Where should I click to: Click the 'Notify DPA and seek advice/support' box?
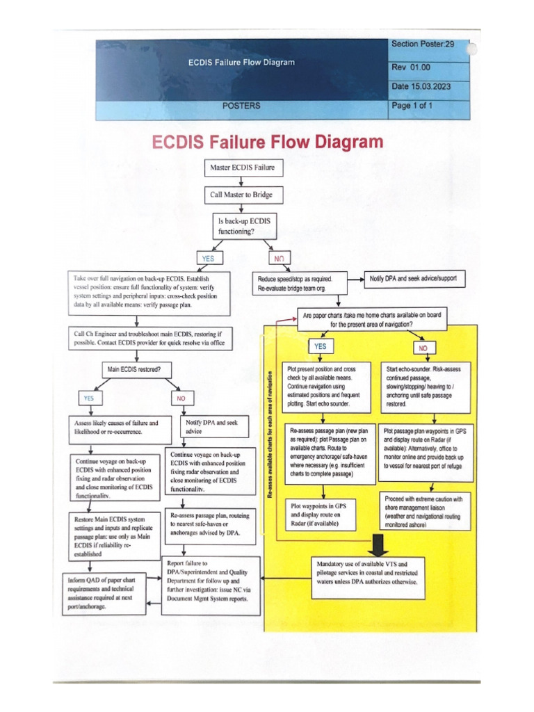(x=412, y=278)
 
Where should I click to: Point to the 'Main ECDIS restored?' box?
(x=137, y=369)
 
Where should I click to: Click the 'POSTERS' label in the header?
(x=241, y=106)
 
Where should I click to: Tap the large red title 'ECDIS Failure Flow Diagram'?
(x=268, y=143)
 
